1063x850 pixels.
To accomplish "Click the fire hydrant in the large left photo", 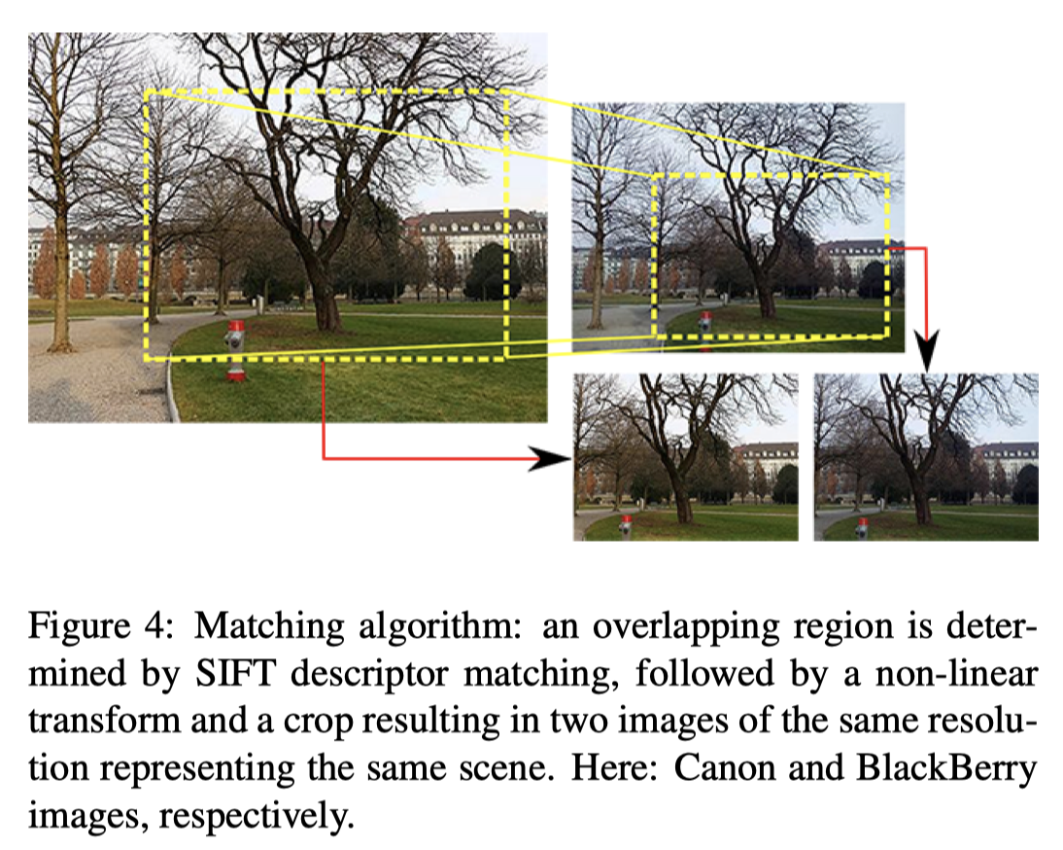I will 235,348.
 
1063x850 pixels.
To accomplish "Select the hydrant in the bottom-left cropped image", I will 626,523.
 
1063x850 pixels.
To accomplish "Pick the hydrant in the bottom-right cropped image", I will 861,526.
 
